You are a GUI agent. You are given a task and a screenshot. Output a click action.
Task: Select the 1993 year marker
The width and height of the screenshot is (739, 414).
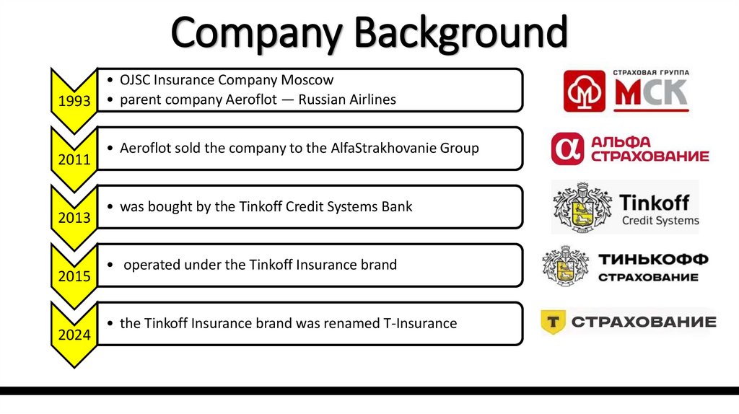tap(75, 101)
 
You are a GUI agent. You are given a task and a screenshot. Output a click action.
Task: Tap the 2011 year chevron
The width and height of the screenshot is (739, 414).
tap(75, 159)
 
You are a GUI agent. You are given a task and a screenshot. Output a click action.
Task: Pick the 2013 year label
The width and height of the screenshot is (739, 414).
tap(75, 217)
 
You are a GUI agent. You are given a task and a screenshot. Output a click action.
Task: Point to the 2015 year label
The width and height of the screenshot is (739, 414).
tap(75, 276)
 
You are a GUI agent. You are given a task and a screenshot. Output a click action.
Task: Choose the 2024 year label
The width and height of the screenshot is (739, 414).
tap(75, 335)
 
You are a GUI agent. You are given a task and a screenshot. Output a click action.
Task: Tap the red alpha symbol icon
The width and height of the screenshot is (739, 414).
tap(566, 149)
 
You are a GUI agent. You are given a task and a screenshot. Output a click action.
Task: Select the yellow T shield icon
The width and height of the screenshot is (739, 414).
tap(553, 322)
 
